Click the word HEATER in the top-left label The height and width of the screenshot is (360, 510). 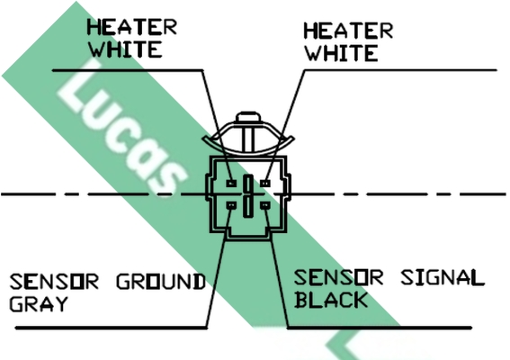pyautogui.click(x=131, y=27)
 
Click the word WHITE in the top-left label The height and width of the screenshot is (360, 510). pyautogui.click(x=126, y=49)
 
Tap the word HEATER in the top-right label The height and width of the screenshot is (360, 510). pyautogui.click(x=348, y=31)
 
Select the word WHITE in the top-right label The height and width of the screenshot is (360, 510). pyautogui.click(x=342, y=53)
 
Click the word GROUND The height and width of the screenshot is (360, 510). pyautogui.click(x=161, y=281)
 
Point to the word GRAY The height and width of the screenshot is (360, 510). pyautogui.click(x=39, y=304)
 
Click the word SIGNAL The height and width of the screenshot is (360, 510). pyautogui.click(x=443, y=277)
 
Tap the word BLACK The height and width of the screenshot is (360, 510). pyautogui.click(x=331, y=300)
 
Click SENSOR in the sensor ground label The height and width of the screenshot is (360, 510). pyautogui.click(x=54, y=282)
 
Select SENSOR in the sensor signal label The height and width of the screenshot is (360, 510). pyautogui.click(x=338, y=277)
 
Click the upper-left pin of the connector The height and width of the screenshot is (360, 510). pyautogui.click(x=231, y=184)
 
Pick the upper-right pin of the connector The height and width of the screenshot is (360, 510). pyautogui.click(x=265, y=184)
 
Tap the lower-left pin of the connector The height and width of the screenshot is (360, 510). pyautogui.click(x=231, y=205)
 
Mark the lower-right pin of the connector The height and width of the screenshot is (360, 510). pyautogui.click(x=265, y=205)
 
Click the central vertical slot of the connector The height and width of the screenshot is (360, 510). pyautogui.click(x=248, y=196)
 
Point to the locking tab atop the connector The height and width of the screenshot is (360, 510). pyautogui.click(x=248, y=117)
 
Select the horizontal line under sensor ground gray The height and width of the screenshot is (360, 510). pyautogui.click(x=112, y=328)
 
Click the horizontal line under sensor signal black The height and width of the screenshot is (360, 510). pyautogui.click(x=380, y=328)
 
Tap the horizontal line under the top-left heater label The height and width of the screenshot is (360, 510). pyautogui.click(x=128, y=70)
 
